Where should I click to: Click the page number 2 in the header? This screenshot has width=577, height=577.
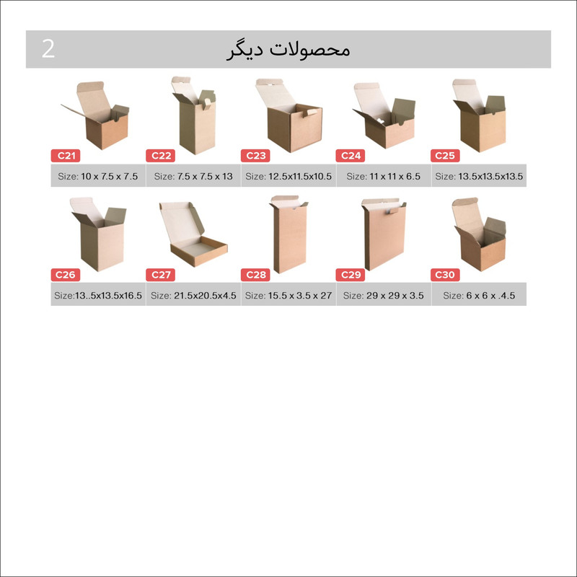click(48, 49)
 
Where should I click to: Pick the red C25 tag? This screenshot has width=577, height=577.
click(445, 155)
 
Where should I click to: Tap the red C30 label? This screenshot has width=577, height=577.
click(445, 275)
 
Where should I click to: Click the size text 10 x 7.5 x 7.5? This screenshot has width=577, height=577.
click(98, 176)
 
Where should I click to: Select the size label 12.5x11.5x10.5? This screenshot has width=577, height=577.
click(288, 176)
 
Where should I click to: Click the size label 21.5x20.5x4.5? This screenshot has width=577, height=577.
click(193, 296)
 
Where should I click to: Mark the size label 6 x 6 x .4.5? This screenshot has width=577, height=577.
click(479, 296)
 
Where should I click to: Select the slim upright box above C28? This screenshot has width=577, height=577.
click(290, 238)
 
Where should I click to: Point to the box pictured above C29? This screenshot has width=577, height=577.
click(384, 238)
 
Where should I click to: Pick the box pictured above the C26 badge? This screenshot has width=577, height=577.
click(100, 242)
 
